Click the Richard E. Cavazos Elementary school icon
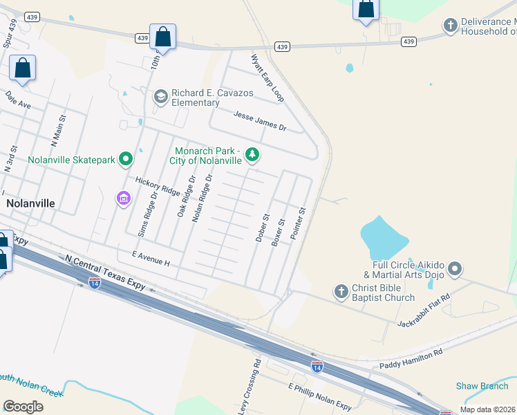click(x=161, y=95)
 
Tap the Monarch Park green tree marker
click(x=252, y=155)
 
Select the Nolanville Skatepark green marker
click(x=126, y=160)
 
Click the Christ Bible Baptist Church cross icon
click(x=341, y=292)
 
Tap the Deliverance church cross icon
click(x=450, y=26)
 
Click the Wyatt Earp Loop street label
click(x=267, y=78)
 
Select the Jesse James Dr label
click(x=260, y=121)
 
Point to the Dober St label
click(x=261, y=227)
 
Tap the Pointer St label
click(x=298, y=223)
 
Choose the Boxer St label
click(x=279, y=232)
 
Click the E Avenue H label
click(x=144, y=257)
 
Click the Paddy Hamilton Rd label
click(x=411, y=358)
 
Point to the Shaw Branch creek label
click(x=482, y=386)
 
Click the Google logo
click(x=23, y=407)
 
